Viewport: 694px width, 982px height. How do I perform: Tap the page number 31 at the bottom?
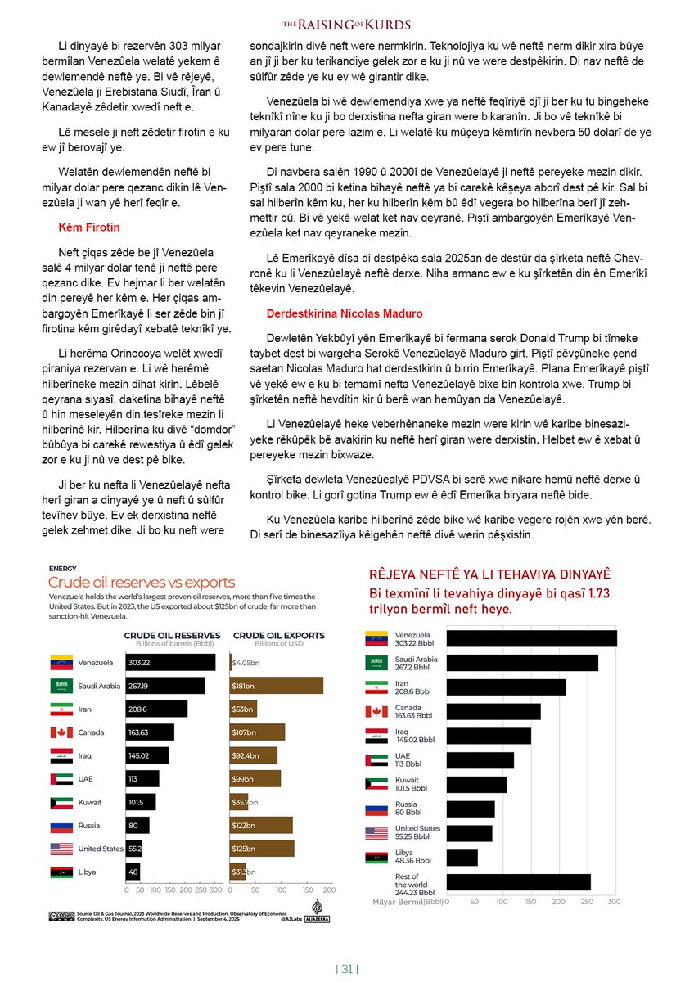(347, 970)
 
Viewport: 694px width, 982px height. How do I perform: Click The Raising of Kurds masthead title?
(347, 25)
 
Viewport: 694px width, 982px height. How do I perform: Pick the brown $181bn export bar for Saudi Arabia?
(277, 686)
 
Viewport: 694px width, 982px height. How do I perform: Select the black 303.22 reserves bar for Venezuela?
(170, 662)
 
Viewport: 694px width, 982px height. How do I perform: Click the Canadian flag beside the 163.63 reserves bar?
(61, 732)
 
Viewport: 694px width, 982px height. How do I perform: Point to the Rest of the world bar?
(518, 881)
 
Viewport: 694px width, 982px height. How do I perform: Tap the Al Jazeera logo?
(318, 909)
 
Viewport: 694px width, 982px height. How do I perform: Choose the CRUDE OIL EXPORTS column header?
(278, 635)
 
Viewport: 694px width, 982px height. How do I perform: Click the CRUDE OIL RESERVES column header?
(172, 635)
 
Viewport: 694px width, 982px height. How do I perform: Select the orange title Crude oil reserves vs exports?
(142, 583)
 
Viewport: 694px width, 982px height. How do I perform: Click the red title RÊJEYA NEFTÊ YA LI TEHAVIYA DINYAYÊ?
(489, 575)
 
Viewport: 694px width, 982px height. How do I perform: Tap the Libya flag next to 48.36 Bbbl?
(376, 857)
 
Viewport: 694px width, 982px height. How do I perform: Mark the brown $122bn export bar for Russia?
(261, 826)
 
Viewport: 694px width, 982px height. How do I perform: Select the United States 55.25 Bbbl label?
(417, 832)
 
